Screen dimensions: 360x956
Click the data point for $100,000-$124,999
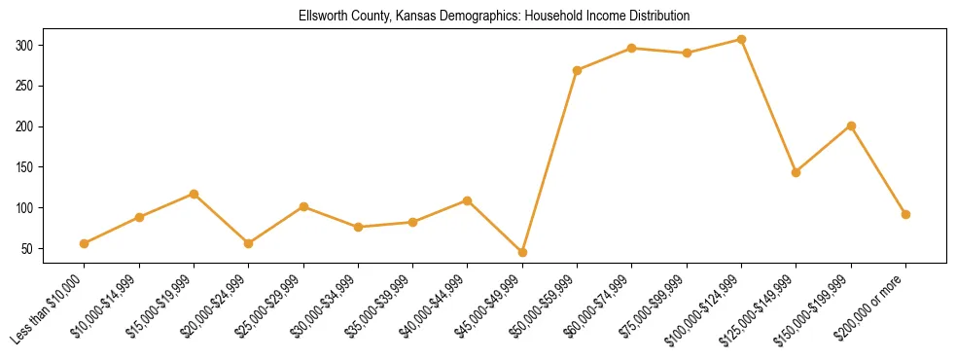pos(741,40)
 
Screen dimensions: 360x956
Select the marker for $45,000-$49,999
pos(522,253)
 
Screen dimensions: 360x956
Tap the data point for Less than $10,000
pos(85,243)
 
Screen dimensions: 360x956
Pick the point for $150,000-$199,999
pos(851,126)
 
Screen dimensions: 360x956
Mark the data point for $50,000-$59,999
pos(578,70)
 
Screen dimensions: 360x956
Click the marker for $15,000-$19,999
pos(194,194)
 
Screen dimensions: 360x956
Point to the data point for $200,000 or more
pos(905,214)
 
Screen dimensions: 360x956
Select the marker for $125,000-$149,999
pos(796,172)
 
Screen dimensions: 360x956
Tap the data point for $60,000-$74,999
pos(632,48)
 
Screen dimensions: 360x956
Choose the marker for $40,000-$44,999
pos(468,200)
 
